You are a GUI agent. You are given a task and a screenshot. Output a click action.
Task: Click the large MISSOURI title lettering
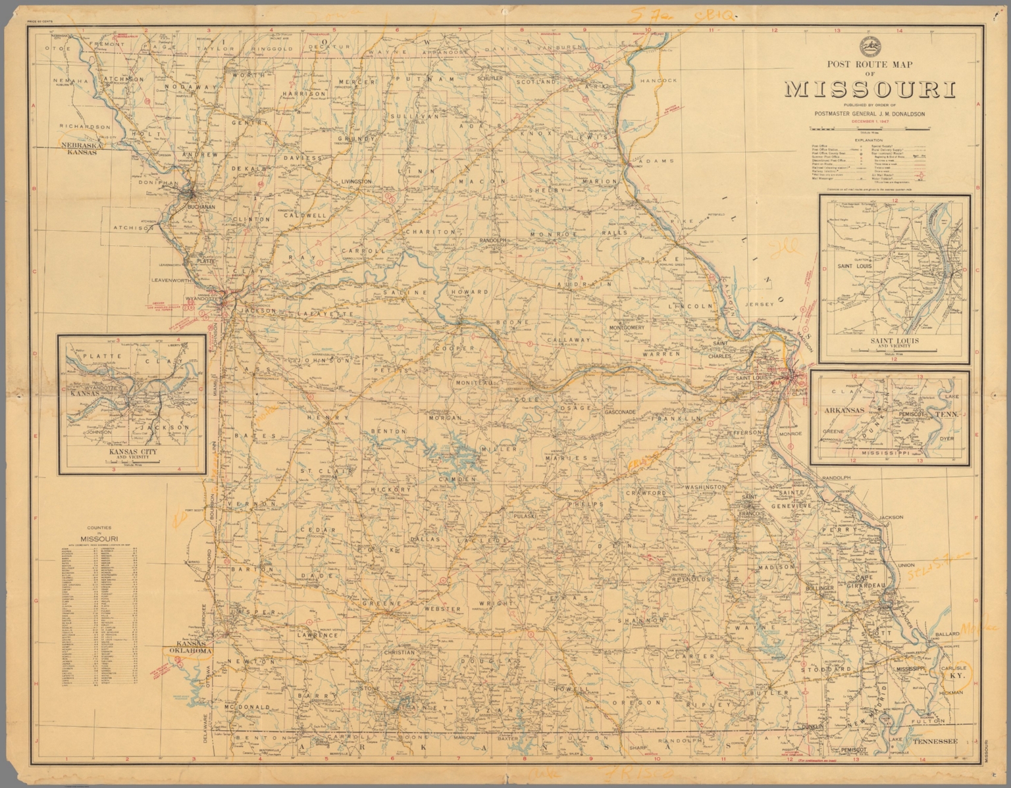(869, 89)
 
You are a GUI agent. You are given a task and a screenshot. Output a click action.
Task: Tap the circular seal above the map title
(869, 46)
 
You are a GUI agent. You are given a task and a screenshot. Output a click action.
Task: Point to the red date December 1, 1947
(869, 122)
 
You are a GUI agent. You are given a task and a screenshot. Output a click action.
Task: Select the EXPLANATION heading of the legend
(869, 140)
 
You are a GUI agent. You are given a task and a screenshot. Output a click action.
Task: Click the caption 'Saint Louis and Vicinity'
(894, 343)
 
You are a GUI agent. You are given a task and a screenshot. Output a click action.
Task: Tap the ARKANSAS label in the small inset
(844, 410)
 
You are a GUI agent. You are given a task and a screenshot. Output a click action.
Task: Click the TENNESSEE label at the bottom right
(934, 741)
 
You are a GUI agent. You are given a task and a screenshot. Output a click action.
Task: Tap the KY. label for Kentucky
(953, 676)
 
